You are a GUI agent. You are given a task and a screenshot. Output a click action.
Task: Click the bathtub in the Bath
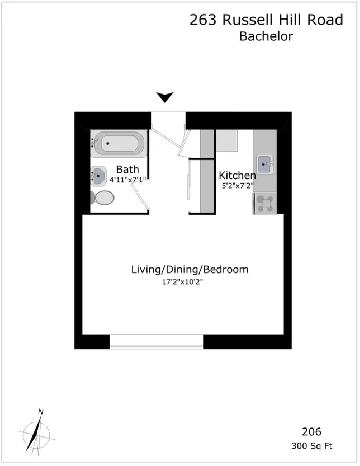point(119,144)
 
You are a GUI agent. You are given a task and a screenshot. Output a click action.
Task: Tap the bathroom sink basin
point(99,176)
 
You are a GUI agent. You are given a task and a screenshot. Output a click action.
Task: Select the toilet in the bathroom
point(102,198)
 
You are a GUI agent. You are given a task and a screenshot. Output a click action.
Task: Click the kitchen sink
point(265,164)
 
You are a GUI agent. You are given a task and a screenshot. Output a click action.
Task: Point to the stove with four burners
point(265,203)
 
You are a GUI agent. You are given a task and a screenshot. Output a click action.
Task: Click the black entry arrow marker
point(165,97)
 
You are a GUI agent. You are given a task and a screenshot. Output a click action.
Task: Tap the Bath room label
point(128,169)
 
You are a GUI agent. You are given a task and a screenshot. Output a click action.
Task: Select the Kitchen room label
point(237,175)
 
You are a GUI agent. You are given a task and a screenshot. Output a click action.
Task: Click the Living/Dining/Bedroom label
point(190,269)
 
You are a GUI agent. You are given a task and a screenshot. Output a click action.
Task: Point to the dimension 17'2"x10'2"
point(182,282)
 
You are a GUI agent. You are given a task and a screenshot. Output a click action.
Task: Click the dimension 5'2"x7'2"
point(237,186)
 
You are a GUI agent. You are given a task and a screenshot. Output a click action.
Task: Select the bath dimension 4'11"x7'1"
point(128,180)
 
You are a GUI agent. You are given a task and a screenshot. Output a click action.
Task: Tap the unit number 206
point(312,431)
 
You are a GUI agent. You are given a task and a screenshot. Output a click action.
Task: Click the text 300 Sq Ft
point(312,446)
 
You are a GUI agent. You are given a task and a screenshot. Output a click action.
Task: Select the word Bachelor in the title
point(266,36)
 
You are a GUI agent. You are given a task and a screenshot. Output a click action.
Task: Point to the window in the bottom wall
point(157,341)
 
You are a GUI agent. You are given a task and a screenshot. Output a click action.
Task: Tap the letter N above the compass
point(41,412)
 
